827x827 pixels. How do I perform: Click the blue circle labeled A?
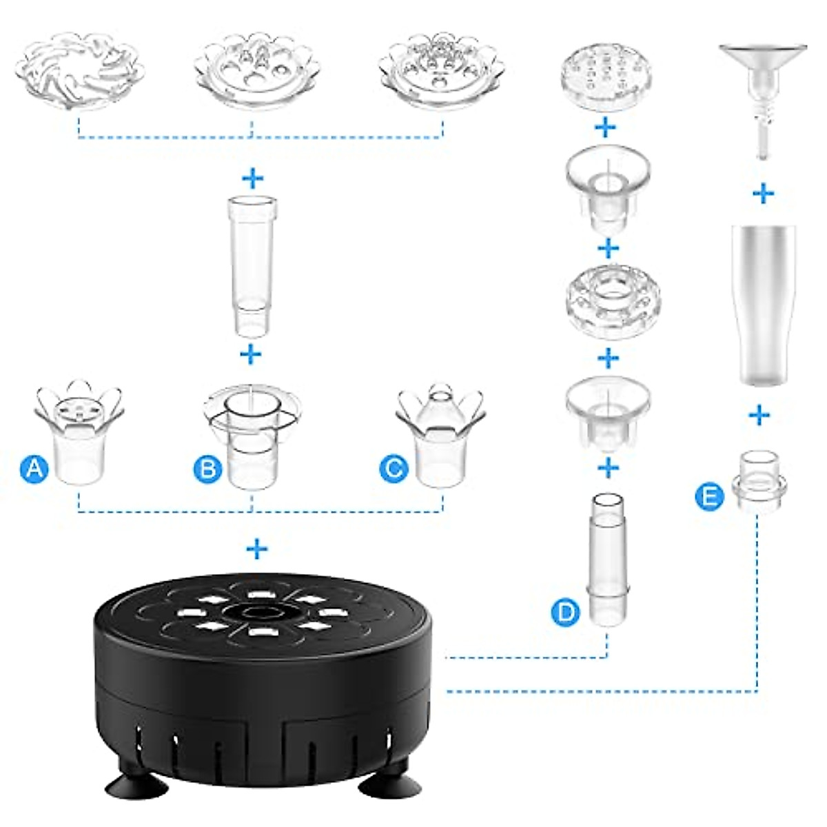coord(34,468)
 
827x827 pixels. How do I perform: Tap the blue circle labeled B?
coord(207,468)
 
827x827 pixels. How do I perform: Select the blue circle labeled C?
coord(394,468)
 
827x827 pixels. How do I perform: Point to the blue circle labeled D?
coord(566,612)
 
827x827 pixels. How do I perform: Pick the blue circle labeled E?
coord(709,497)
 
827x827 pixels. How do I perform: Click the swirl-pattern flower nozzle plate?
coord(80,71)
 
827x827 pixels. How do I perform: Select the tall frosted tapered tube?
coord(764,305)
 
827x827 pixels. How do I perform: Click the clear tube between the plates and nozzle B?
coord(252,266)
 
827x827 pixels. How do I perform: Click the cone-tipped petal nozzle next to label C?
coord(441,433)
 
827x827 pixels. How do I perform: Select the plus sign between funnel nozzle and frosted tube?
coord(764,194)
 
